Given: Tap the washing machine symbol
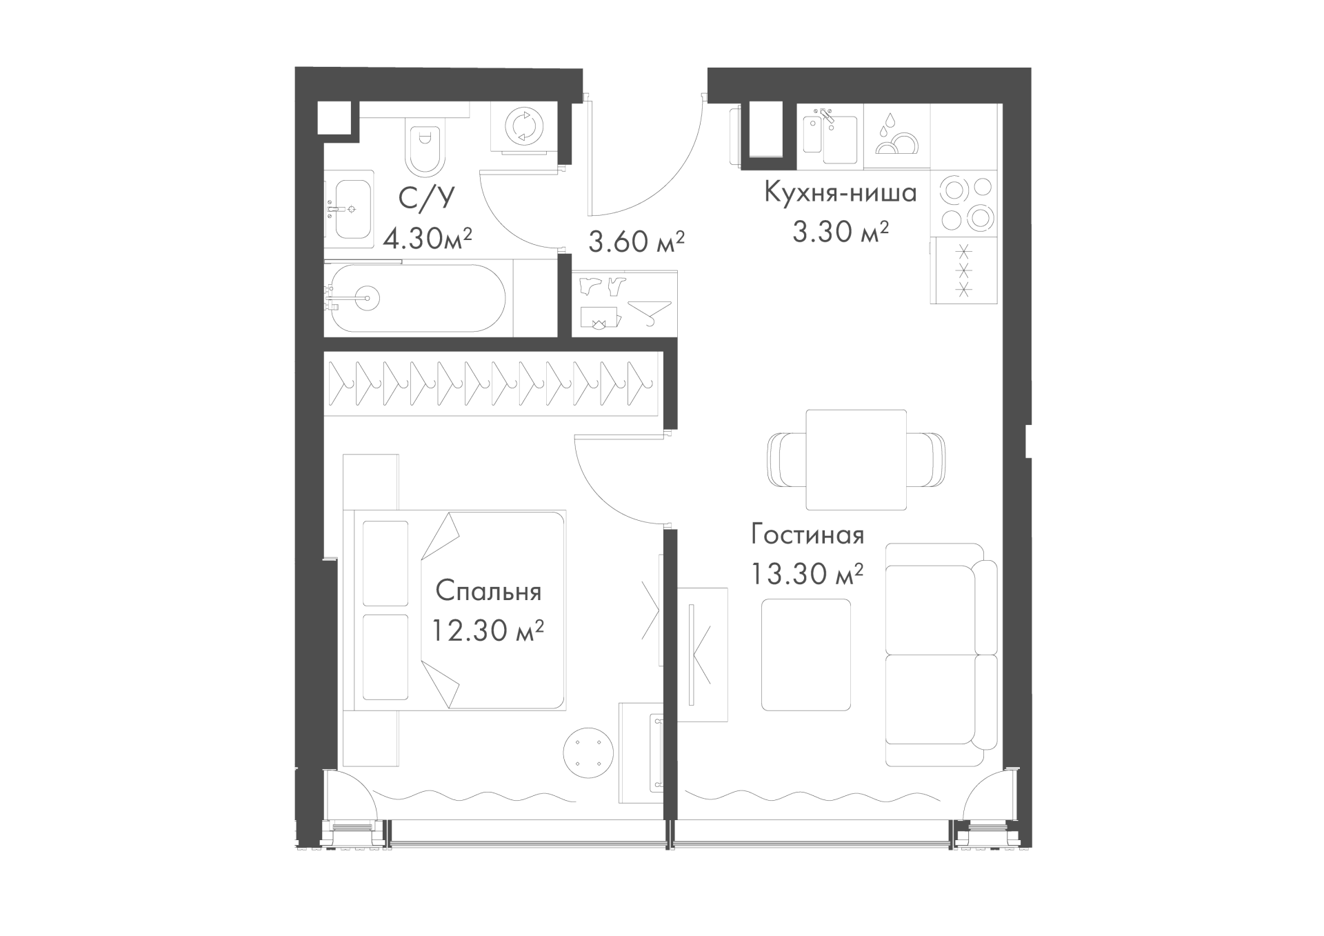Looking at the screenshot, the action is pyautogui.click(x=524, y=127).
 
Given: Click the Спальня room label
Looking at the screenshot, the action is pyautogui.click(x=488, y=591).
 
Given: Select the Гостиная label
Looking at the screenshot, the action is pyautogui.click(x=808, y=535).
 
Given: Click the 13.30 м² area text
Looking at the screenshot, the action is pyautogui.click(x=808, y=573).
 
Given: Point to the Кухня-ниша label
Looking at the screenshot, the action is pyautogui.click(x=840, y=192).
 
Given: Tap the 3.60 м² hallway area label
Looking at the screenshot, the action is pyautogui.click(x=636, y=241).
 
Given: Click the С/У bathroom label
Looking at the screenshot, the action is pyautogui.click(x=428, y=198).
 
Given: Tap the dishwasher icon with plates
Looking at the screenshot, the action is pyautogui.click(x=896, y=135).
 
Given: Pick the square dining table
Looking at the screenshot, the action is pyautogui.click(x=856, y=459).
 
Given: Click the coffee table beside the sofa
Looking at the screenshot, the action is pyautogui.click(x=805, y=655).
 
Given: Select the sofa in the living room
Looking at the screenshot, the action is pyautogui.click(x=941, y=655).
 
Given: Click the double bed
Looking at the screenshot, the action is pyautogui.click(x=459, y=610).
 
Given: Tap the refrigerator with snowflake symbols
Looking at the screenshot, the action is pyautogui.click(x=965, y=271).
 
